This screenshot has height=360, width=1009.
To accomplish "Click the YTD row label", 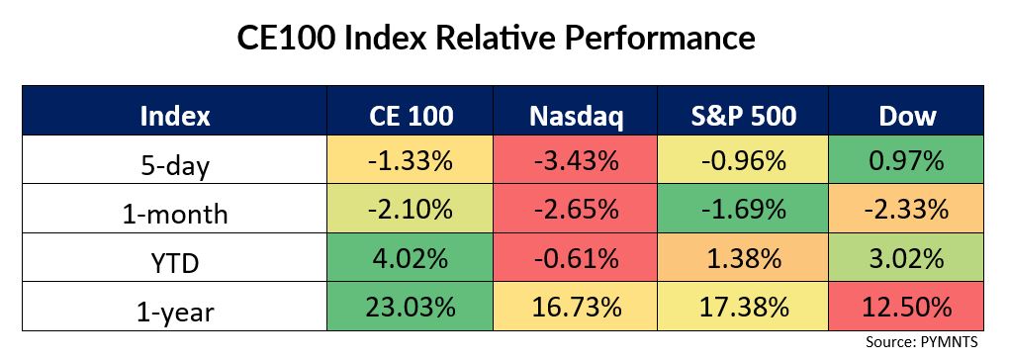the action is [x=174, y=262].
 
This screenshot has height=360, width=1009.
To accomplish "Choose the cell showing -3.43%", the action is [x=576, y=160].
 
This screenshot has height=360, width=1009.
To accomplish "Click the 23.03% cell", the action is [x=411, y=307].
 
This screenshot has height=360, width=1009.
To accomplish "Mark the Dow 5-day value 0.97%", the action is [x=907, y=160].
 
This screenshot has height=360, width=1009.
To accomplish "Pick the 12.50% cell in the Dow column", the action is [x=907, y=307].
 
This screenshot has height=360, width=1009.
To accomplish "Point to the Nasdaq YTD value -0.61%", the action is [x=576, y=258].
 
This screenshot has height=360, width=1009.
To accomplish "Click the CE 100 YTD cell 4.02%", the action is [x=411, y=258].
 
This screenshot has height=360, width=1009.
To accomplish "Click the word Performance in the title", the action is [x=660, y=39].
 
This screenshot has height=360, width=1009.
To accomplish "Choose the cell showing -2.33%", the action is [x=907, y=209].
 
